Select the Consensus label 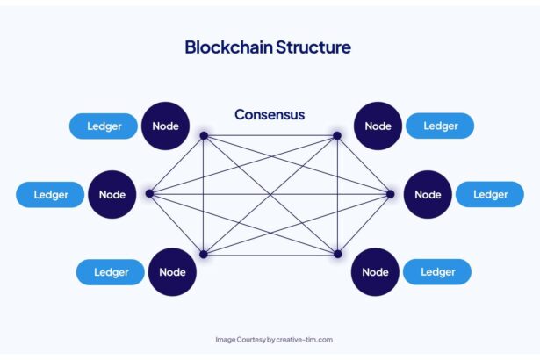pos(270,114)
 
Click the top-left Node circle pos(165,126)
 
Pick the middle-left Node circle pos(112,194)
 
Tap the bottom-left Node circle pos(172,271)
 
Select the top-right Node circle pos(378,126)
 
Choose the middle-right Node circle pos(428,194)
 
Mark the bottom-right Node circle pos(375,271)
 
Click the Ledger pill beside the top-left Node pos(104,126)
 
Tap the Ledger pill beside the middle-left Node pos(51,194)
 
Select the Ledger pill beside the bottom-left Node pos(111,271)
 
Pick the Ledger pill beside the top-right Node pos(440,126)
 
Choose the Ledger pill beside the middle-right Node pos(490,194)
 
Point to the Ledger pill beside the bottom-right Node pos(437,271)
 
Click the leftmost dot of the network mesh pos(149,193)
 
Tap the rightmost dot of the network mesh pos(391,193)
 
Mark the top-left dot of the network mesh pos(204,135)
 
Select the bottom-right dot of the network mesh pos(336,255)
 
